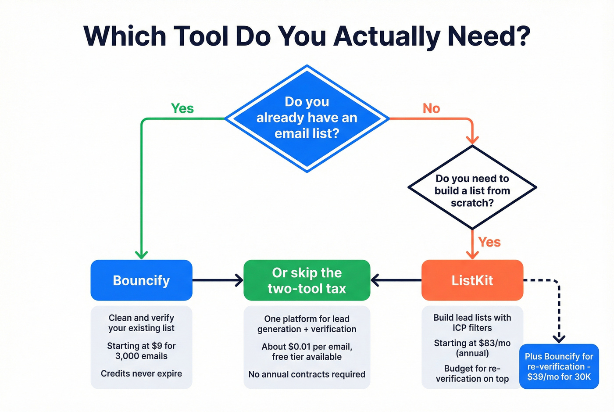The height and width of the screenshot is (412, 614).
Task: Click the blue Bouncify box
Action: click(x=141, y=280)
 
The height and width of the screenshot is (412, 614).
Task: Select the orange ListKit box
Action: click(x=472, y=280)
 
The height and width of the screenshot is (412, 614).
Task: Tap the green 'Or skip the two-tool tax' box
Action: click(x=307, y=280)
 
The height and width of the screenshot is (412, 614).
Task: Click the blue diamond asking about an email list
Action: click(x=307, y=118)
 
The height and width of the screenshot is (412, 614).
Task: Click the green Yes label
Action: click(x=182, y=108)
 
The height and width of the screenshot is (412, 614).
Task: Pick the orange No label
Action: click(x=431, y=108)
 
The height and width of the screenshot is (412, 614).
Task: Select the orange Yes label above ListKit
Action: click(x=489, y=242)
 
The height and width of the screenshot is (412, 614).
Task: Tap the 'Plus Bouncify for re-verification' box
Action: click(x=559, y=366)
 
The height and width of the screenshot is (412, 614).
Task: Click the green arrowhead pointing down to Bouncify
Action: click(x=141, y=254)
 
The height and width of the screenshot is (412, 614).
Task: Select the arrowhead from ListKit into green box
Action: click(x=375, y=280)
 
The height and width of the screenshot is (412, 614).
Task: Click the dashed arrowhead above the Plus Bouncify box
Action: click(x=559, y=338)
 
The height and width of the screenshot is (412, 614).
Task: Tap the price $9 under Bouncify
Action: click(x=157, y=346)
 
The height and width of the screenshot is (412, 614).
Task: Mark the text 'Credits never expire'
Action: click(x=141, y=373)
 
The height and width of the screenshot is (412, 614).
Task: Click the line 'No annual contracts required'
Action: click(x=307, y=374)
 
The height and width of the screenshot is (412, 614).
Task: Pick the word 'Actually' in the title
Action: click(x=386, y=36)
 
